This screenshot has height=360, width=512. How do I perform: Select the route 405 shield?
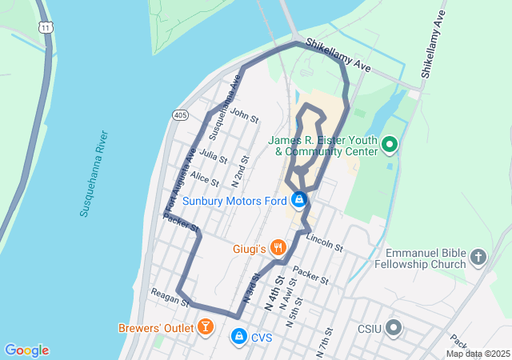(180, 115)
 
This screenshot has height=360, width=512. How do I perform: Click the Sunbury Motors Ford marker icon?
(298, 199)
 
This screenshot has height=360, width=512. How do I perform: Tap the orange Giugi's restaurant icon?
(278, 248)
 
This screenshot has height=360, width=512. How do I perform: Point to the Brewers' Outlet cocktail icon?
(206, 326)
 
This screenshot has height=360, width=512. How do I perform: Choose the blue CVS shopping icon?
(238, 338)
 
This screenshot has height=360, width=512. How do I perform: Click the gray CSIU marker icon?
(394, 327)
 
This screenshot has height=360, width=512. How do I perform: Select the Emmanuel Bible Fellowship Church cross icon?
(478, 258)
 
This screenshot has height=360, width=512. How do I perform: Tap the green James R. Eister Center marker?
(390, 144)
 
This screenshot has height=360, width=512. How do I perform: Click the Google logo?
(26, 350)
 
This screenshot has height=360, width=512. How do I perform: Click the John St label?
(244, 115)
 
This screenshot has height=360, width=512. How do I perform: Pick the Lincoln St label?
(324, 242)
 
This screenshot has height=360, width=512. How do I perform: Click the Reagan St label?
(169, 298)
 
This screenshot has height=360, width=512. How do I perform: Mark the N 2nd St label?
(238, 172)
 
